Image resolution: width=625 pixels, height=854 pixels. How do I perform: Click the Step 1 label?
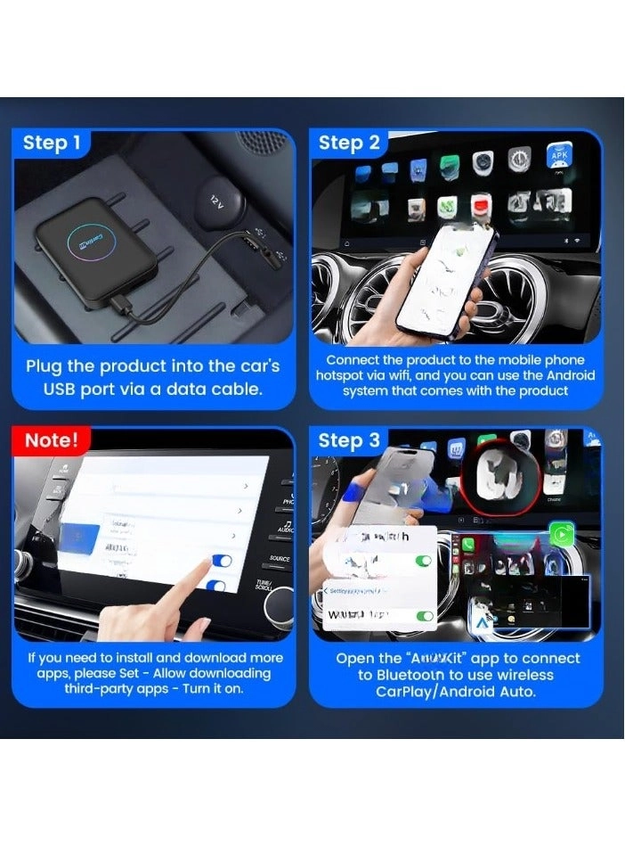[52, 143]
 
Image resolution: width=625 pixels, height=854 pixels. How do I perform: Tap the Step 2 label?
[349, 143]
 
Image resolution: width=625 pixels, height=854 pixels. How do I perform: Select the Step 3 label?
[349, 440]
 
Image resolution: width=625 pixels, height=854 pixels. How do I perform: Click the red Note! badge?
[52, 440]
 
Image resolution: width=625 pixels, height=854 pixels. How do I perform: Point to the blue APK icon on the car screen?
[559, 157]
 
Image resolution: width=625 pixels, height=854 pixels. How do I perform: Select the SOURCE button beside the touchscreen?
[280, 559]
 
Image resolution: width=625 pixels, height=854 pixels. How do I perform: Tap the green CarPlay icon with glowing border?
[561, 536]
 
